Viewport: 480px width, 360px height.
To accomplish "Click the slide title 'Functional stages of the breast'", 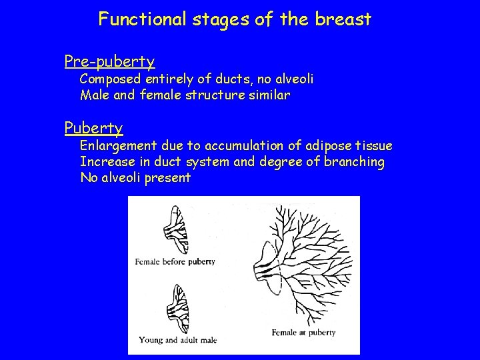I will [235, 19].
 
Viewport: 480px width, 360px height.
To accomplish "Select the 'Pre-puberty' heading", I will [110, 62].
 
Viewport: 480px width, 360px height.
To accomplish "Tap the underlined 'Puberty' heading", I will [93, 127].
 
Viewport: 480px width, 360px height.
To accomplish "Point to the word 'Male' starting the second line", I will [94, 95].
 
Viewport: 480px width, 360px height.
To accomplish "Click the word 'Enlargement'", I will [118, 146].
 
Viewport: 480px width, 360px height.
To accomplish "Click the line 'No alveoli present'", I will [135, 178].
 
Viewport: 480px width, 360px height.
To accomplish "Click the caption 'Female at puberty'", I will [304, 331].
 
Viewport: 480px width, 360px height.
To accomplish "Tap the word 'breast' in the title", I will [347, 19].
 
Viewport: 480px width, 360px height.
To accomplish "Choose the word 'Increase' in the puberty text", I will [105, 162].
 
